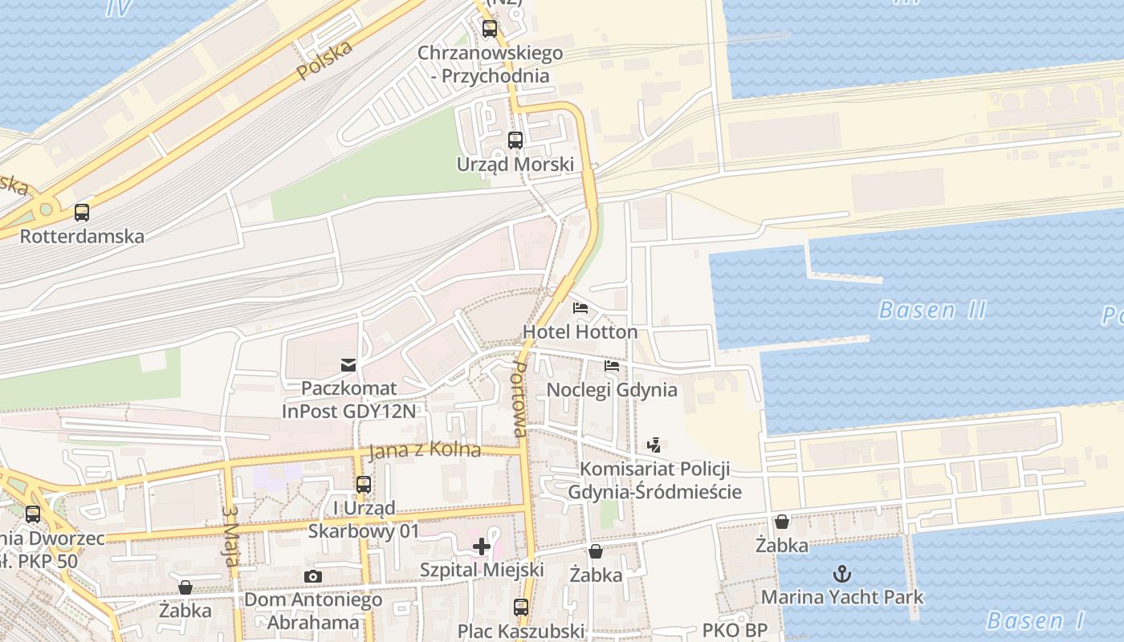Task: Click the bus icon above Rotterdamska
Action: pos(82,213)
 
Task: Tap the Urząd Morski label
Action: pos(515,165)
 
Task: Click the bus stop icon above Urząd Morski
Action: pos(515,140)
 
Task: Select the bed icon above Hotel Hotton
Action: pos(580,308)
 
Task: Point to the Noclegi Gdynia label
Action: pos(612,390)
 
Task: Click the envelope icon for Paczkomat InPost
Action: pos(348,365)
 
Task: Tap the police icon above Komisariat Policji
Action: pos(654,445)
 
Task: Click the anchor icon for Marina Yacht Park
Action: pos(842,573)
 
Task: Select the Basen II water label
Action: pos(932,310)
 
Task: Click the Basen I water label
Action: pos(1035,620)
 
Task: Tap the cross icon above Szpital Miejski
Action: pos(482,547)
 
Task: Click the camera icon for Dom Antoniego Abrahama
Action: pos(313,576)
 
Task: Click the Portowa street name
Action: pos(520,399)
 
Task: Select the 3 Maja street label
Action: pos(231,535)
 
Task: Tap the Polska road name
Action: pos(324,60)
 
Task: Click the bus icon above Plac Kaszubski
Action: pos(521,607)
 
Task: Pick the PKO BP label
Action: pos(735,631)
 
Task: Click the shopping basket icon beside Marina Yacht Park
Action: pos(782,522)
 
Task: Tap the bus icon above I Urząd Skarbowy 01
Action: pos(364,484)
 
